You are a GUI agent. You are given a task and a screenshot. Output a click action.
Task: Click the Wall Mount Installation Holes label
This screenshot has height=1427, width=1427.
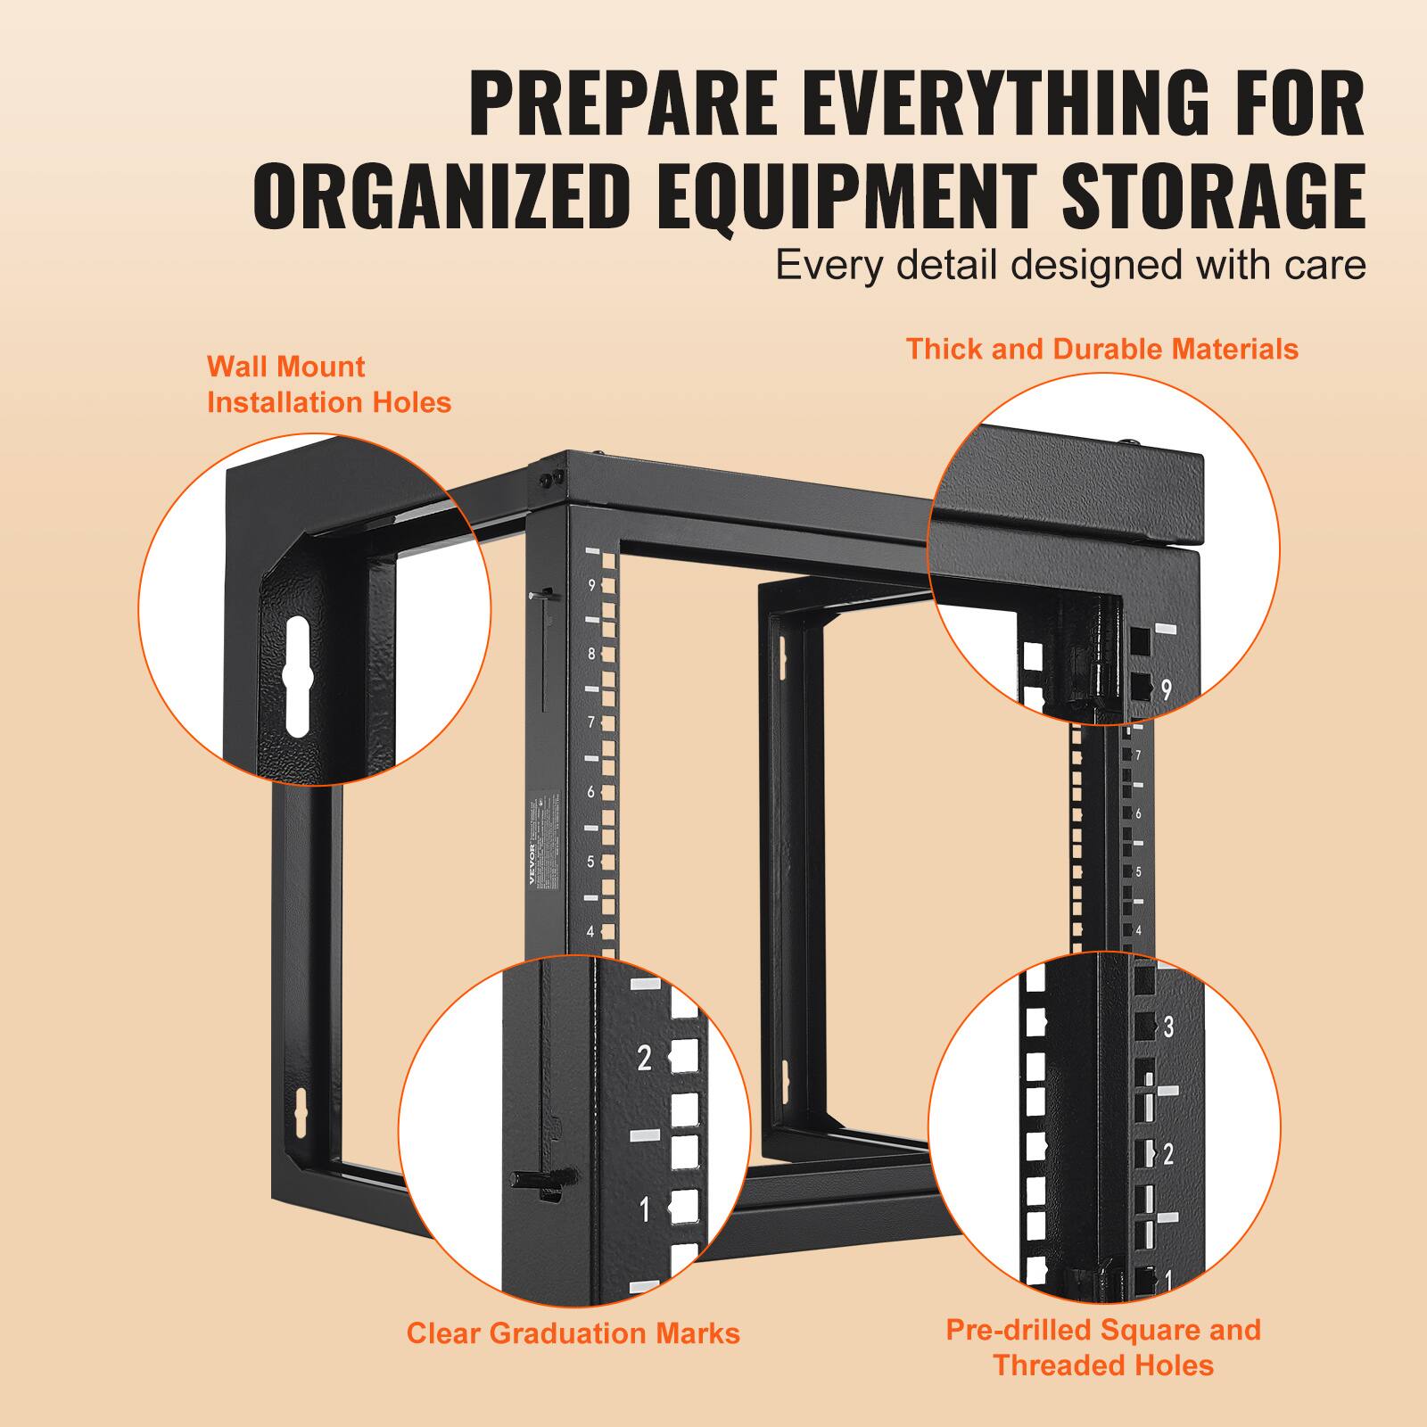pyautogui.click(x=329, y=384)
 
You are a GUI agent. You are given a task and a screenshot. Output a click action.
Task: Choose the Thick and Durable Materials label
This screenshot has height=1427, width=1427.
pyautogui.click(x=1102, y=349)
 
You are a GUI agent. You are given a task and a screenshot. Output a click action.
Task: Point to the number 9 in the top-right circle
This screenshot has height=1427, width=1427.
pyautogui.click(x=1166, y=689)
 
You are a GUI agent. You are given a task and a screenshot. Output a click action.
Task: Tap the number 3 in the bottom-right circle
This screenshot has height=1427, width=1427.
pyautogui.click(x=1168, y=1027)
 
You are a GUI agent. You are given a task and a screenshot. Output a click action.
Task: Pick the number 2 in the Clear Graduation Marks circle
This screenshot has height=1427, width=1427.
pyautogui.click(x=645, y=1059)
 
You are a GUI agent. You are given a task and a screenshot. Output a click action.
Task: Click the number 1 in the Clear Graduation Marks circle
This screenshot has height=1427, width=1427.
pyautogui.click(x=645, y=1210)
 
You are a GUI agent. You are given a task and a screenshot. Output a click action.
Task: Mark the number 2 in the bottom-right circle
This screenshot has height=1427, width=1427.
pyautogui.click(x=1168, y=1155)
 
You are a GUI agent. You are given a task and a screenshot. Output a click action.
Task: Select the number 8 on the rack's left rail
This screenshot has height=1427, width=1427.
pyautogui.click(x=591, y=654)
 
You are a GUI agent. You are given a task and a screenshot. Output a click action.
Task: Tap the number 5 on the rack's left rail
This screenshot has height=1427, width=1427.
pyautogui.click(x=590, y=862)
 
